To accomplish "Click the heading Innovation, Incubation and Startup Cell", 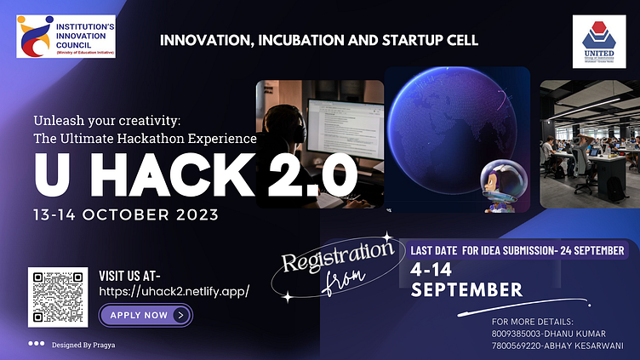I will pos(319,40).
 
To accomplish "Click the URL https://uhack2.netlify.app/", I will pos(174,291).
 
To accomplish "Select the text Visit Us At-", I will pos(136,275).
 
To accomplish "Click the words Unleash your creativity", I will pos(114,119).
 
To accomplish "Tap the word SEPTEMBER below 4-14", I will pos(466,290).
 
